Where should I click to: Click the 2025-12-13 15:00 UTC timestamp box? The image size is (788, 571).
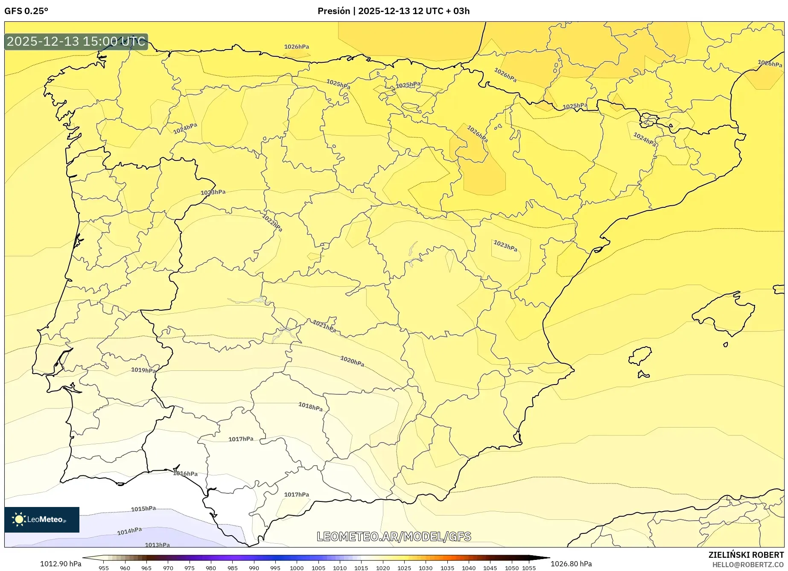click(76, 41)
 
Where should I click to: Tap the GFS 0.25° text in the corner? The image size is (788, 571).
click(26, 11)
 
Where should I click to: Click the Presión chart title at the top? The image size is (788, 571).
click(393, 11)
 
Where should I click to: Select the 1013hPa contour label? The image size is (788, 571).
click(157, 545)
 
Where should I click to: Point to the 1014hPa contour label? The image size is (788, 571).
click(129, 531)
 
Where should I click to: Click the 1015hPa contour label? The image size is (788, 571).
click(143, 509)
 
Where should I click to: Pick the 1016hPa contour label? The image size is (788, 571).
click(185, 473)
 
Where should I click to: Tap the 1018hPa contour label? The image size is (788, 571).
click(310, 407)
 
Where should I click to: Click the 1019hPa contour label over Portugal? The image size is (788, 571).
click(143, 370)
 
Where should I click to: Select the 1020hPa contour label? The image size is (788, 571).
click(352, 361)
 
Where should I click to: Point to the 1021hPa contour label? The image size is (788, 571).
click(324, 326)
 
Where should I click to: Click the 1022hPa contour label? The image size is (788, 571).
click(272, 222)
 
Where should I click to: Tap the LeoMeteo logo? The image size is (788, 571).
click(42, 519)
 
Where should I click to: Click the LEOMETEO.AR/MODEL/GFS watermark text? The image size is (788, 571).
click(394, 536)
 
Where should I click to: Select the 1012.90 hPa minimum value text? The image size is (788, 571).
click(61, 564)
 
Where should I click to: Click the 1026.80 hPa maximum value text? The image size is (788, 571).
click(571, 564)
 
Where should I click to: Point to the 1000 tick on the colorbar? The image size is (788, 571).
click(297, 568)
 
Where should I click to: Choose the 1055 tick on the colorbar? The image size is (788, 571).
click(528, 568)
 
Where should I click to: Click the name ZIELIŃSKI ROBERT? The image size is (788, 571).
click(746, 555)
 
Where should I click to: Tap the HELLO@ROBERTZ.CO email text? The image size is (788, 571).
click(747, 565)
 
